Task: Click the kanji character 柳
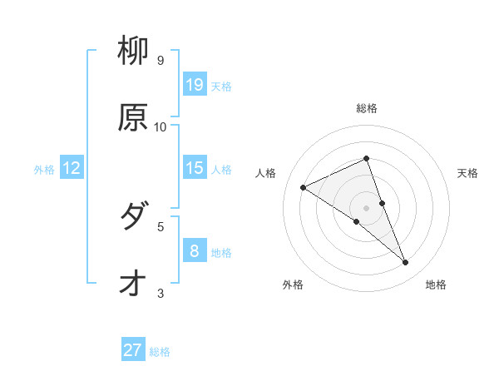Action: [x=133, y=52]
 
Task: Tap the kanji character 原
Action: [x=133, y=118]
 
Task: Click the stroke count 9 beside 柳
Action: [x=161, y=61]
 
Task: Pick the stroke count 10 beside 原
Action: [x=161, y=127]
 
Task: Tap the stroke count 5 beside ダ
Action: [x=161, y=225]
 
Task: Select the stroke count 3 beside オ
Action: [x=161, y=292]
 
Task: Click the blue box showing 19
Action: [x=195, y=85]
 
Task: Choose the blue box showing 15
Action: [x=195, y=168]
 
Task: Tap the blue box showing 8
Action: [x=195, y=250]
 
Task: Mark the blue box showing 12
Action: [x=72, y=168]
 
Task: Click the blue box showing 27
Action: [x=133, y=350]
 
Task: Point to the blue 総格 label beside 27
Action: [x=160, y=352]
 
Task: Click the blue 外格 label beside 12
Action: [x=44, y=170]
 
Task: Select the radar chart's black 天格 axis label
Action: [x=467, y=173]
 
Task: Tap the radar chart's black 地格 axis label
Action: [x=436, y=285]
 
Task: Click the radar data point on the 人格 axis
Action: [x=304, y=187]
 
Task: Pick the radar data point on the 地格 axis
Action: [x=406, y=263]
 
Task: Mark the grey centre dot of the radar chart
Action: [x=366, y=207]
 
